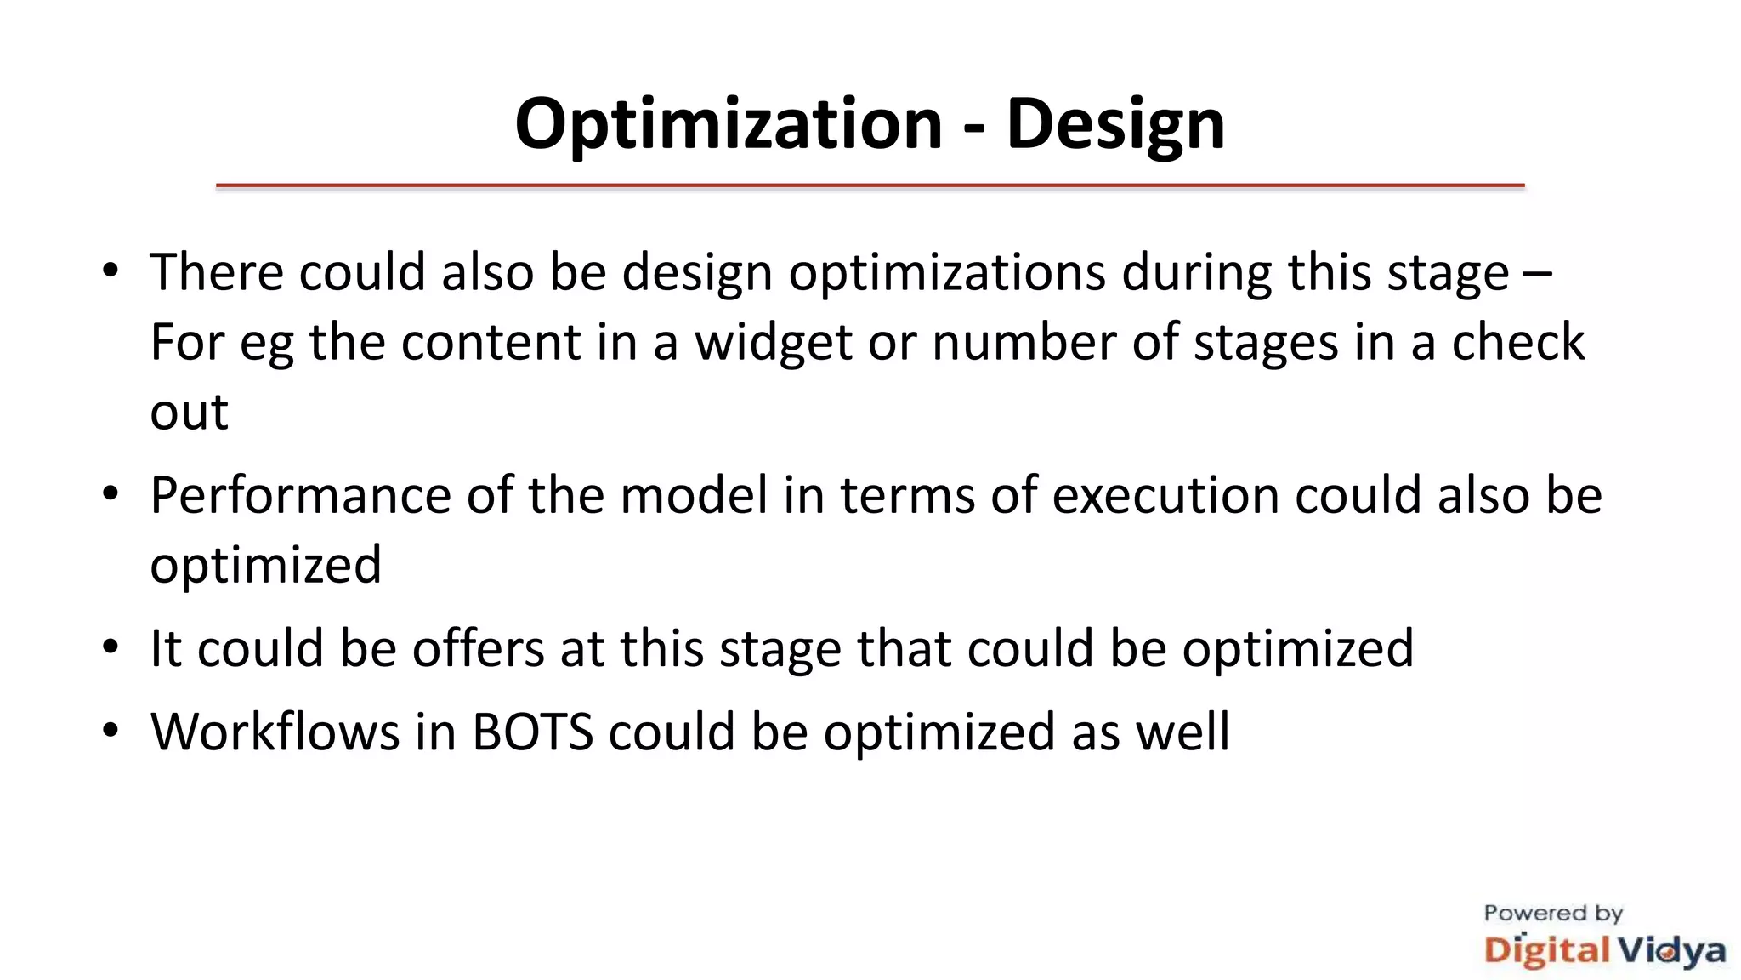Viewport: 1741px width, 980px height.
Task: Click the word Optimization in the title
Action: coord(729,124)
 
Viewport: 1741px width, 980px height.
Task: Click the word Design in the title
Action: coord(1115,124)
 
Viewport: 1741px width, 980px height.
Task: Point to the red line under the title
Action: coord(870,185)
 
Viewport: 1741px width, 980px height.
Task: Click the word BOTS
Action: coord(532,732)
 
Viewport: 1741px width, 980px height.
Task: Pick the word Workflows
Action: coord(275,732)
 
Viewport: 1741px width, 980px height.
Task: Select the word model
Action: coord(694,495)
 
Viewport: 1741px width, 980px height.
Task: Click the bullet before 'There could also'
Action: coord(110,272)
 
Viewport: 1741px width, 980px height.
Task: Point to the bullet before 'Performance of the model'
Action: coord(110,495)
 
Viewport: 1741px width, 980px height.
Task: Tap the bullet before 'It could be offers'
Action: coord(110,648)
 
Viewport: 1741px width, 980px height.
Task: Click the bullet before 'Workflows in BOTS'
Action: coord(110,732)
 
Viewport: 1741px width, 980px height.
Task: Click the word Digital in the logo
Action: coord(1546,950)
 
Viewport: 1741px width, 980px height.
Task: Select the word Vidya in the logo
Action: coord(1670,950)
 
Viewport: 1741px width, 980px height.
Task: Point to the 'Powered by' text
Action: coord(1553,914)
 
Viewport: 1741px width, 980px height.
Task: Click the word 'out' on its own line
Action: coord(189,413)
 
